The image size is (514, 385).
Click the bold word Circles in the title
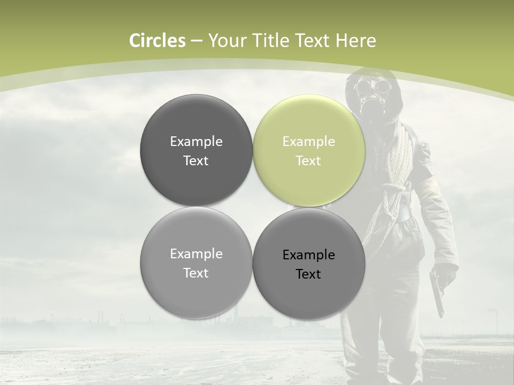tap(157, 41)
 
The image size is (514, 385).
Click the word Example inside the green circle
tap(308, 142)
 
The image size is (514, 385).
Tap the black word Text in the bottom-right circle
tap(308, 274)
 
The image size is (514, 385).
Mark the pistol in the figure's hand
tap(437, 291)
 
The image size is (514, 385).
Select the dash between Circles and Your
tap(196, 41)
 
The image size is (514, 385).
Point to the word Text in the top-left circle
tap(196, 161)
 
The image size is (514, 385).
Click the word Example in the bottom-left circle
tap(196, 254)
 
